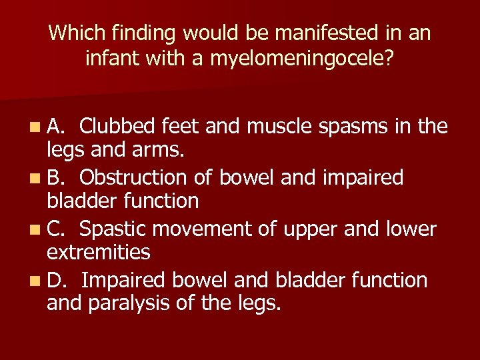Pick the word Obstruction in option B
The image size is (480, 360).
point(131,177)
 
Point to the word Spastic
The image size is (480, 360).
point(113,229)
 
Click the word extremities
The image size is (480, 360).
point(98,252)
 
